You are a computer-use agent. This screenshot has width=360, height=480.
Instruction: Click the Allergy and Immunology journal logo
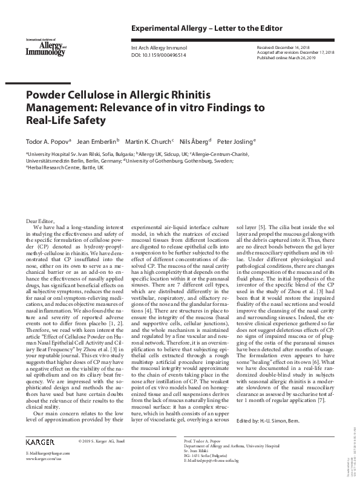[45, 47]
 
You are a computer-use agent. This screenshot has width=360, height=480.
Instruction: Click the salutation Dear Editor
[40, 221]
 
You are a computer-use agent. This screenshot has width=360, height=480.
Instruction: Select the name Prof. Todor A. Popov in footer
[206, 442]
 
